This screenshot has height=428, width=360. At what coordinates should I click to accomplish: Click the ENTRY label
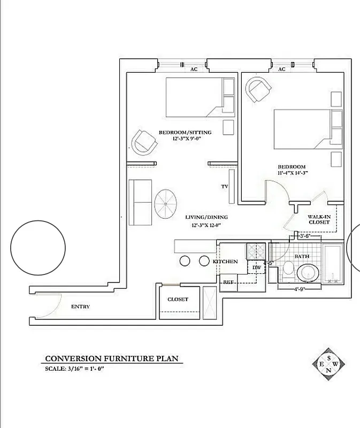tap(80, 307)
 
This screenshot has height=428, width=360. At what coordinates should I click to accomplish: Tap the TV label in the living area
tap(225, 187)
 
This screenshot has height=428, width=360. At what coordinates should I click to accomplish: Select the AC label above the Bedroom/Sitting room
tap(194, 69)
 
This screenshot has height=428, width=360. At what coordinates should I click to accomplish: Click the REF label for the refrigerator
tap(228, 281)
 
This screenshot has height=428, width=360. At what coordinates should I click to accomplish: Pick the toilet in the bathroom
tap(287, 270)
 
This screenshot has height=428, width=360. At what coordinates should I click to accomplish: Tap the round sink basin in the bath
tap(308, 272)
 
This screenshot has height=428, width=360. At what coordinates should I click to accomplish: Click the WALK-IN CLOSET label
tap(318, 219)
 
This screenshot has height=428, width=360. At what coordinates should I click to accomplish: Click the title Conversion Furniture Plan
tap(111, 358)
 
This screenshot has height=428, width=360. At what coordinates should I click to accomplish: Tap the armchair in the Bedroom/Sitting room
tap(145, 142)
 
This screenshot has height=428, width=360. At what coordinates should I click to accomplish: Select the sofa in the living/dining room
tap(140, 203)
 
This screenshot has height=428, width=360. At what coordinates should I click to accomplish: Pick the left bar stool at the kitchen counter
tap(185, 261)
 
